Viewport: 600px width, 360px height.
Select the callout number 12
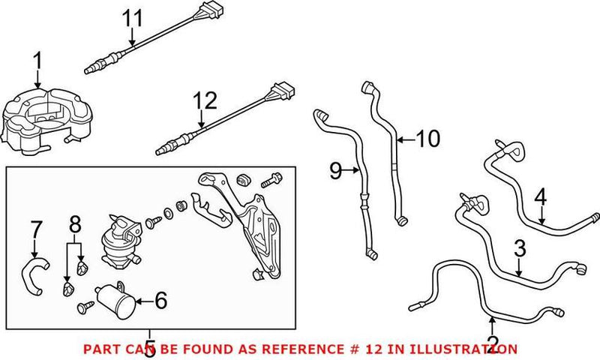[x=204, y=100]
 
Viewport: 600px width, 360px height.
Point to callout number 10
[x=429, y=138]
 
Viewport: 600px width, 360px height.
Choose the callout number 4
[x=541, y=198]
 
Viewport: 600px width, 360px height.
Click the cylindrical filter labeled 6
[x=117, y=302]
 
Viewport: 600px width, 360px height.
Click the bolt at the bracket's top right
[x=271, y=181]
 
